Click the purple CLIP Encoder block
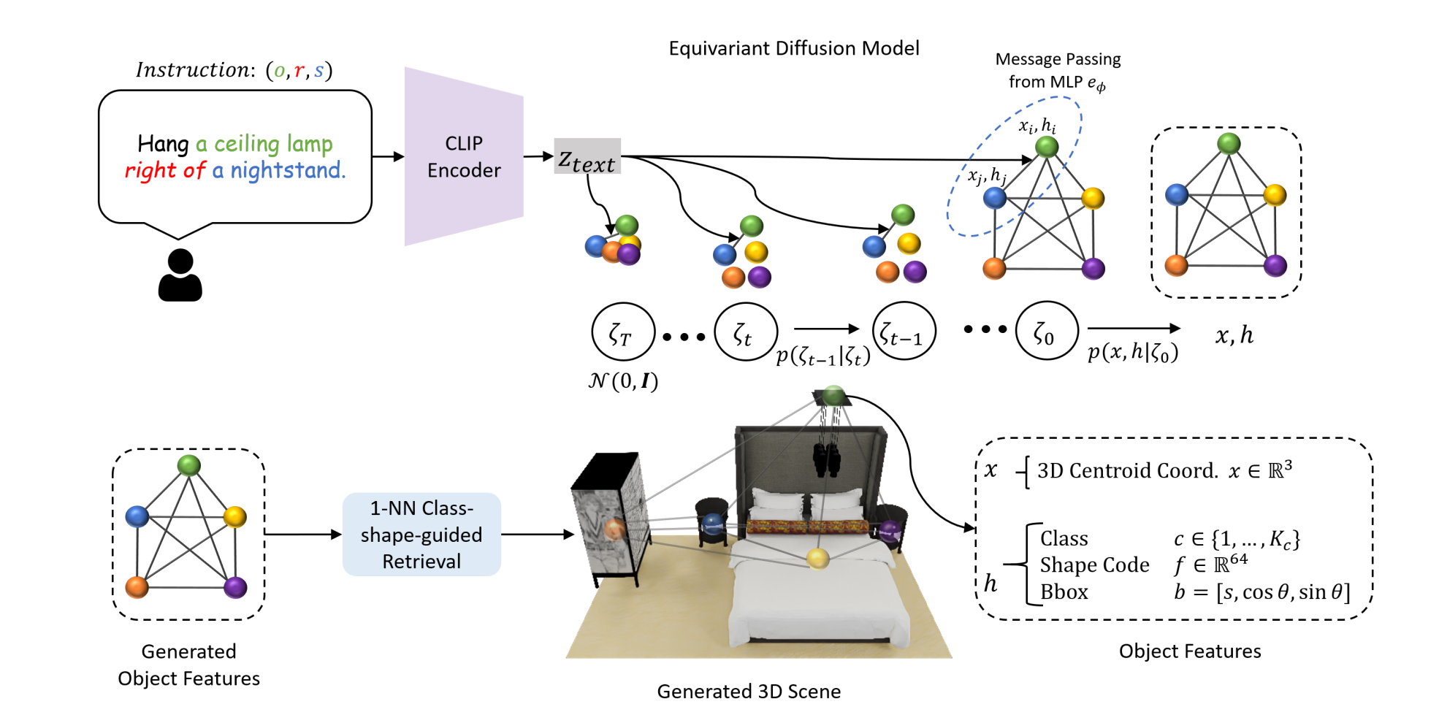[x=464, y=156]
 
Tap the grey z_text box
[x=587, y=156]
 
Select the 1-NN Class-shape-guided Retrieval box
[x=421, y=535]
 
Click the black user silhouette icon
[x=180, y=275]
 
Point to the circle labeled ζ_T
[x=622, y=332]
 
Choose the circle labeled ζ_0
[x=1046, y=332]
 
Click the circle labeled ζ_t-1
[x=904, y=332]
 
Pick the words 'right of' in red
[x=165, y=171]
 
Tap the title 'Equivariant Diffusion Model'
[x=794, y=48]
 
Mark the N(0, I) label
[x=623, y=381]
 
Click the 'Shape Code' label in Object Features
[x=1094, y=565]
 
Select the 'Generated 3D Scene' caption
[x=749, y=692]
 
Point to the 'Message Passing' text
[x=1058, y=59]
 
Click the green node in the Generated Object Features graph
[x=189, y=465]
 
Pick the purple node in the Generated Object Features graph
[x=235, y=587]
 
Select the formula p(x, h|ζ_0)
[x=1133, y=353]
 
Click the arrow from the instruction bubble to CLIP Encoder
[x=388, y=156]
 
